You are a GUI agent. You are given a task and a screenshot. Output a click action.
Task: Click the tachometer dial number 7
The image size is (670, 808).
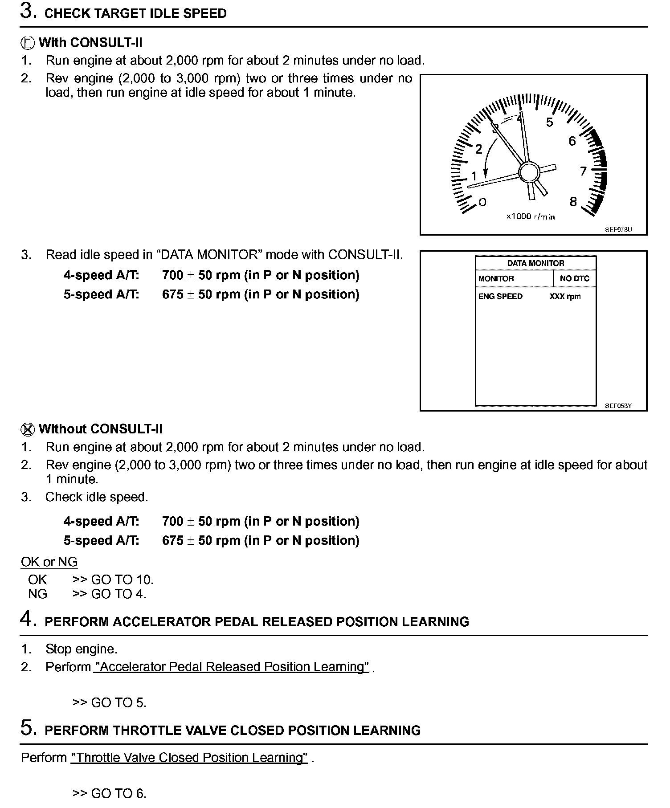tap(583, 171)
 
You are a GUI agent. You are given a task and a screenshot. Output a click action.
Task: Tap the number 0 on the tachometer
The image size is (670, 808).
tap(482, 202)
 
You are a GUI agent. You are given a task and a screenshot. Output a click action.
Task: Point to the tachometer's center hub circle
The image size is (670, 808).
tap(529, 171)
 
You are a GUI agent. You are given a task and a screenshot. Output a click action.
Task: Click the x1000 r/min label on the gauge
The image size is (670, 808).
tap(530, 216)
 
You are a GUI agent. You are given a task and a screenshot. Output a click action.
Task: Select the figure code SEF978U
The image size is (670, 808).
tap(618, 230)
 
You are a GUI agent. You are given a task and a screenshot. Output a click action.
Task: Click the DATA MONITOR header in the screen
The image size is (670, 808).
tap(535, 263)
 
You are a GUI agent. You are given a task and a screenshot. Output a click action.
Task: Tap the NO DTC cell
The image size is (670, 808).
tap(574, 279)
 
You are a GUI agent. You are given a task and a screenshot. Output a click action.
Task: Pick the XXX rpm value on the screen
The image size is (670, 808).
tap(565, 296)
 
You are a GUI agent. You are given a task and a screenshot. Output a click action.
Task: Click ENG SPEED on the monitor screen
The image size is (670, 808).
tap(500, 296)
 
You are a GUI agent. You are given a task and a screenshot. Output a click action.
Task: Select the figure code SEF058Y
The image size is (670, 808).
tap(618, 406)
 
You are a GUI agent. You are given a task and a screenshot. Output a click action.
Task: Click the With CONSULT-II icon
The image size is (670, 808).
tap(27, 43)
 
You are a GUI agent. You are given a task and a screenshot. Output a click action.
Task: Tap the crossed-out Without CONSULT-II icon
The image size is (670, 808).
tap(27, 429)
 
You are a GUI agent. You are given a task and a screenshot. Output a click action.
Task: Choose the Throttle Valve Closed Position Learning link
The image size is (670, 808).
tap(189, 758)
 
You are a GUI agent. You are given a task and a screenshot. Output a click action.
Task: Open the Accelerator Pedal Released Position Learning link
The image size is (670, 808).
tap(231, 667)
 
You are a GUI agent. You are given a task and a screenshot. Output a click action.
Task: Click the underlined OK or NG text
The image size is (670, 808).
tap(49, 562)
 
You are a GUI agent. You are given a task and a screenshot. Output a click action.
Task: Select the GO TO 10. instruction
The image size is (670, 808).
tap(113, 579)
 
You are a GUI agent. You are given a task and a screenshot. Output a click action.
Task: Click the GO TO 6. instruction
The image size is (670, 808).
tap(109, 793)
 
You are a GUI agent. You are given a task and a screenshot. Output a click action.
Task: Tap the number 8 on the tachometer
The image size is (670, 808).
tap(573, 202)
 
